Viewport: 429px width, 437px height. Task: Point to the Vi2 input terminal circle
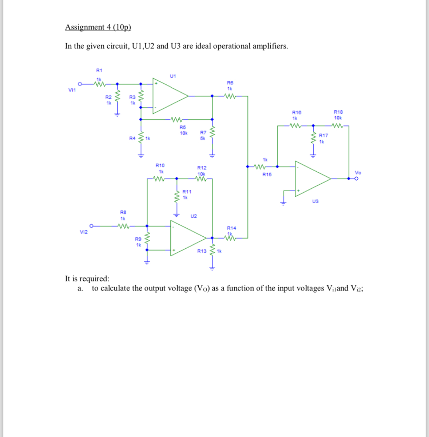point(92,226)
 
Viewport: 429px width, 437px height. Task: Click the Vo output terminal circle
point(357,179)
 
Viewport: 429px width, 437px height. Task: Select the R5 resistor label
point(183,127)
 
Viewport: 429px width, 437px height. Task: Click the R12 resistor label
point(202,168)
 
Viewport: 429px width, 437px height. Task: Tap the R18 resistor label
point(338,112)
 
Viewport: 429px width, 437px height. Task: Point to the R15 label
point(267,175)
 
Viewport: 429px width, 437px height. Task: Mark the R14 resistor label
point(231,228)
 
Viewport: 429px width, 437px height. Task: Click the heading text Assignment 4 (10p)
point(98,27)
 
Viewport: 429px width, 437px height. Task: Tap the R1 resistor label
point(99,70)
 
